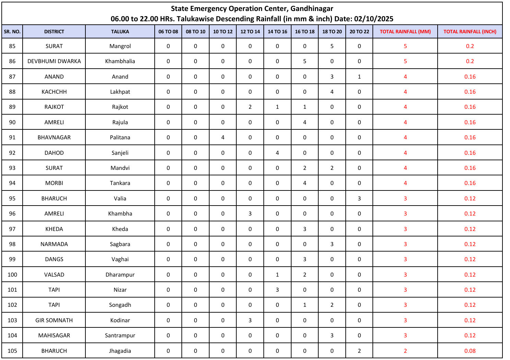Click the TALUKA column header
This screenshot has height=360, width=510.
(x=120, y=32)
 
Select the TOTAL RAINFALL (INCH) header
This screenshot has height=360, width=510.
(x=470, y=32)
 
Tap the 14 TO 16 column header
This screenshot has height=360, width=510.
(x=277, y=32)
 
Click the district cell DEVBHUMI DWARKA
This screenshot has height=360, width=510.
(x=54, y=61)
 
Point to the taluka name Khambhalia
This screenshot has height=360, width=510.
(x=120, y=61)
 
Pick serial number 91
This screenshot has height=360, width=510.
(x=12, y=137)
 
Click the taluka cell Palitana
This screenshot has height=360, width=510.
(x=120, y=137)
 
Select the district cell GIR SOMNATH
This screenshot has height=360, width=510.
(x=54, y=320)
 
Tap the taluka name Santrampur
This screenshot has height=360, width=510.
(x=120, y=335)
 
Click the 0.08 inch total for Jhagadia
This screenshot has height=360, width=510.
(x=470, y=351)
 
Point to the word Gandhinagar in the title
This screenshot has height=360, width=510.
(x=312, y=9)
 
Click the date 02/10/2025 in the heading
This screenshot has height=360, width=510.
(x=373, y=19)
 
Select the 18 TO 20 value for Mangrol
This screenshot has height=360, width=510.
(x=332, y=46)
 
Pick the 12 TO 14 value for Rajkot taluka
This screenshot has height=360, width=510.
(x=250, y=107)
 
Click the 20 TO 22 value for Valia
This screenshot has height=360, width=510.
(x=359, y=198)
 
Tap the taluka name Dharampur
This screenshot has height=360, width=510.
(x=120, y=275)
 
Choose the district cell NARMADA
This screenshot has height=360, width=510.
(x=54, y=244)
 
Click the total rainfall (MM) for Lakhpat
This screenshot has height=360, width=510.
(x=405, y=92)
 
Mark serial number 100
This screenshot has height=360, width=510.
(x=12, y=275)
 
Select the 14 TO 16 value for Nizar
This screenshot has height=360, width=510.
(x=277, y=290)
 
